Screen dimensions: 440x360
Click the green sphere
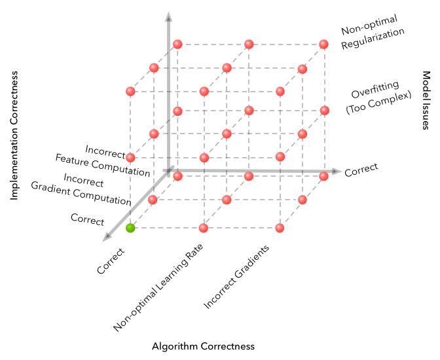point(130,228)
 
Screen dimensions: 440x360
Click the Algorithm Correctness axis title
point(203,346)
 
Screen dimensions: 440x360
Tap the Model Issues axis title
point(425,101)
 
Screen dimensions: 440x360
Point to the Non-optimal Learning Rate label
point(158,288)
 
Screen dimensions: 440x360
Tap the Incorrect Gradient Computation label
point(81,189)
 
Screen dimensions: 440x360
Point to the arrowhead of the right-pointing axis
point(337,171)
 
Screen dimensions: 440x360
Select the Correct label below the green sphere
point(110,260)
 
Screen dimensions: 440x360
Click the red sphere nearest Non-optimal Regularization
point(323,45)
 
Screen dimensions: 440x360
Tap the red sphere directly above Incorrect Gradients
point(280,228)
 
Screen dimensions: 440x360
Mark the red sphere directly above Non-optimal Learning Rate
point(204,228)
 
